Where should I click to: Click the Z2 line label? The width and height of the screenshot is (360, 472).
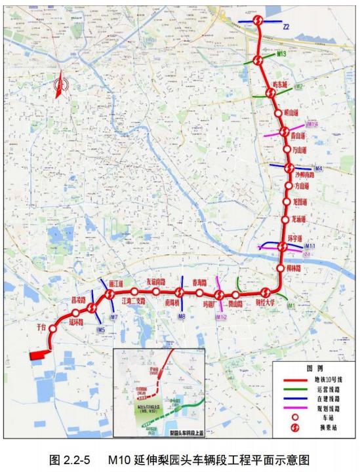(287, 28)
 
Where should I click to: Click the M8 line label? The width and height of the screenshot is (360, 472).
(181, 317)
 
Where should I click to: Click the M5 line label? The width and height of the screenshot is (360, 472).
(100, 329)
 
